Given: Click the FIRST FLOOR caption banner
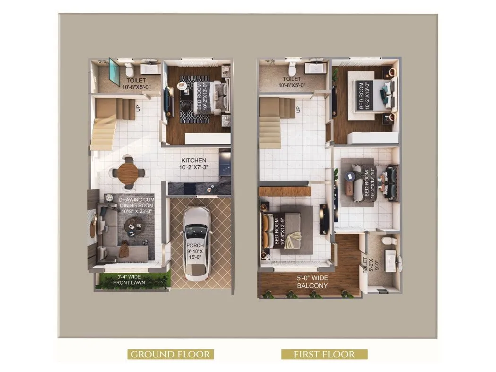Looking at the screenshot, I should (324, 354).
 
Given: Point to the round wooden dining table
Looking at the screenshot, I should (128, 172).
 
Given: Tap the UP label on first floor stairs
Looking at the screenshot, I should (298, 109).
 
